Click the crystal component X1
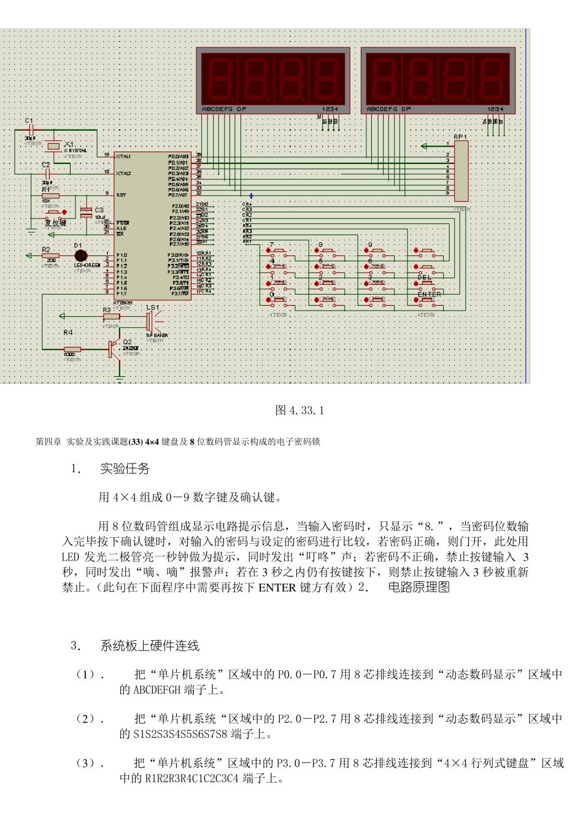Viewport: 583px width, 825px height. [x=54, y=145]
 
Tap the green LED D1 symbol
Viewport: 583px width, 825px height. [x=80, y=255]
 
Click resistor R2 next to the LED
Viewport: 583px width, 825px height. [x=51, y=255]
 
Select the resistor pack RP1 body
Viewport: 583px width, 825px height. [x=461, y=170]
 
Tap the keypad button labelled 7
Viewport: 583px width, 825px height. [x=279, y=251]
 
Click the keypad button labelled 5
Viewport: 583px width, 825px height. [x=327, y=267]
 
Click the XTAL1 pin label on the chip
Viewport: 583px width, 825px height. [x=123, y=157]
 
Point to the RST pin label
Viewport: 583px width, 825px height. [x=121, y=195]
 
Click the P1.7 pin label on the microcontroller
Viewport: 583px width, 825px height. [x=122, y=293]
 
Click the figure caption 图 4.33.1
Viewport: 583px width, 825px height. [x=299, y=410]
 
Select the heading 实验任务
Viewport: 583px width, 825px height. [x=125, y=469]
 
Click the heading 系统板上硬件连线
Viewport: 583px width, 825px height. [x=150, y=646]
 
